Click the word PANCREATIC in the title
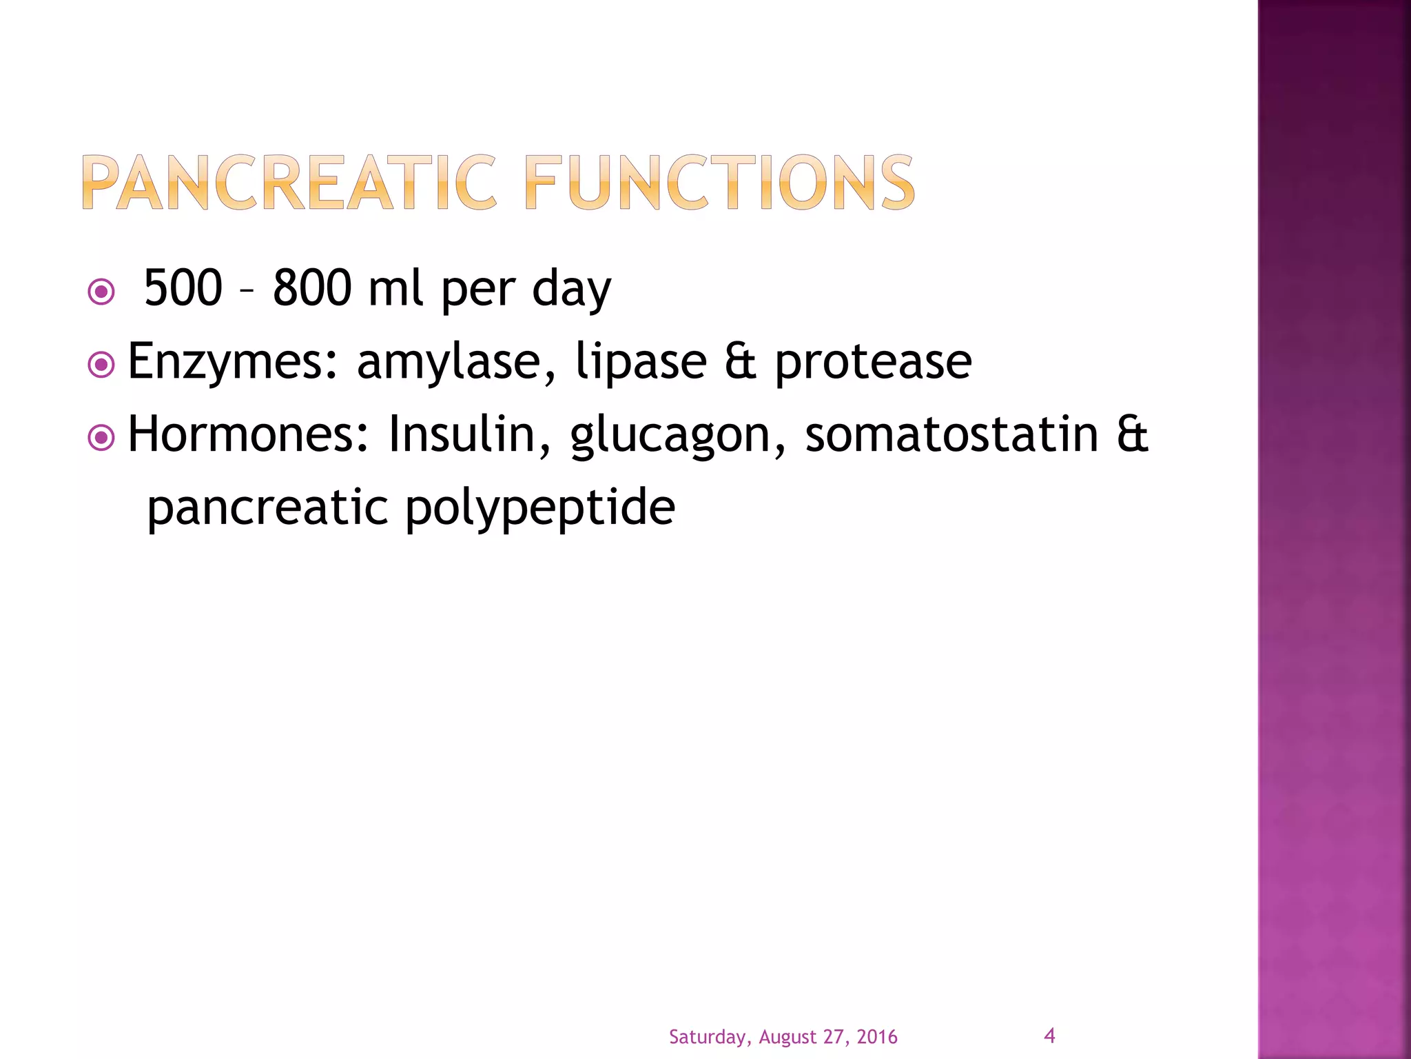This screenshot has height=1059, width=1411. pos(289,183)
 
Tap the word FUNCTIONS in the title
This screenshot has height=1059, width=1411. pos(719,183)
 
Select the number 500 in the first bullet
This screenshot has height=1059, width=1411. pos(183,288)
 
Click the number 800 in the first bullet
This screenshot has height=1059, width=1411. pos(312,288)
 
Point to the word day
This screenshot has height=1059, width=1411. pos(571,290)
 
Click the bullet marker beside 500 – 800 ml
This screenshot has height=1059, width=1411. pos(101,292)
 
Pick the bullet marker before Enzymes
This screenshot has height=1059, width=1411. pos(101,365)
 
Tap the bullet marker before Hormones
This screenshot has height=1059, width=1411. pos(101,437)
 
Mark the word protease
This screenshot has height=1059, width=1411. pos(873,362)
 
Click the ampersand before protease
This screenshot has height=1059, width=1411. pos(741,362)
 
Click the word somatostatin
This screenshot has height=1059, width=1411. pos(951,434)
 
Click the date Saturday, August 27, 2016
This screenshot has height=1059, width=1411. pos(783,1037)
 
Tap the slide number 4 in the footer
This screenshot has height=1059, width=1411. pos(1049,1036)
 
